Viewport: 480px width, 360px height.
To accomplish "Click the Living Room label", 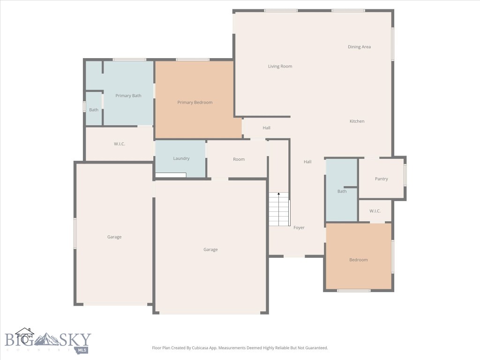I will tap(280, 67).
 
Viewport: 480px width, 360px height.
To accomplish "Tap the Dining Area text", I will tap(359, 47).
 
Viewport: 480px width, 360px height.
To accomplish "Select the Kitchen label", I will tap(357, 121).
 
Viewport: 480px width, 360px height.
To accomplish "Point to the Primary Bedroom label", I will tap(195, 103).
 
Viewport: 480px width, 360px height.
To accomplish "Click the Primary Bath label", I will tap(128, 96).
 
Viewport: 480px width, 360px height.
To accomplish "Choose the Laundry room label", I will tap(181, 158).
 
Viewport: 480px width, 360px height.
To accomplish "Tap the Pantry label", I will tap(381, 179).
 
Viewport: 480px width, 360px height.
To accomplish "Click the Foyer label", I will tap(299, 228).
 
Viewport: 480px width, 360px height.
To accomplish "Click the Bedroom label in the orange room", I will tap(358, 260).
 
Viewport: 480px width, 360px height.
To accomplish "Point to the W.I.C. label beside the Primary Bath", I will tap(119, 144).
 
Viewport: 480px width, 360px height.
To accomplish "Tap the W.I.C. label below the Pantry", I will tap(375, 211).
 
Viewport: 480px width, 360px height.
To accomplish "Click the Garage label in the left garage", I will tap(114, 237).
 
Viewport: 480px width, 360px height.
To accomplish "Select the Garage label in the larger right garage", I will tap(210, 250).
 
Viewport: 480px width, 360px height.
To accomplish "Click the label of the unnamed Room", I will tap(239, 159).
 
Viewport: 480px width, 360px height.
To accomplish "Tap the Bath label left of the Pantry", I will tap(342, 191).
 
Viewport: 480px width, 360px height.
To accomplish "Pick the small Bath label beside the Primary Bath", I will tap(94, 110).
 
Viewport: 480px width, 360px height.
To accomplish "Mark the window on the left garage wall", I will tap(75, 233).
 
